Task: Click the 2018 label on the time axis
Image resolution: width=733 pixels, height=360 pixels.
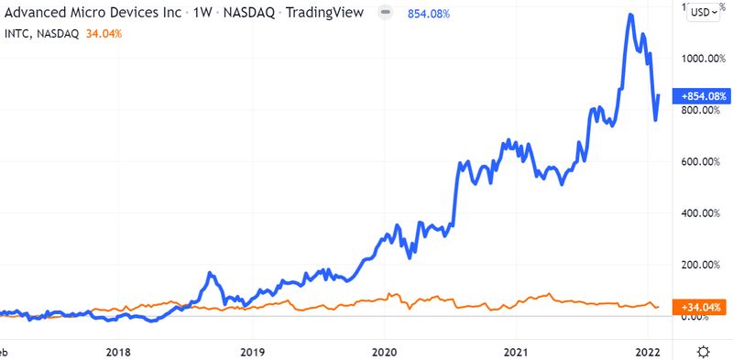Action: click(117, 351)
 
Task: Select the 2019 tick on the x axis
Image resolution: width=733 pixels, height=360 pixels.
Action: click(252, 351)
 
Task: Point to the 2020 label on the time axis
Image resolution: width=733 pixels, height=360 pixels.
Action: click(385, 351)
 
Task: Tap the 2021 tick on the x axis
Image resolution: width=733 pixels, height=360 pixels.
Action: click(517, 351)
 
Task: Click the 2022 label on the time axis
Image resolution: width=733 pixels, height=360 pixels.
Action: click(648, 351)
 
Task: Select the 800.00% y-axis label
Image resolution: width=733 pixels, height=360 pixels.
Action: click(701, 110)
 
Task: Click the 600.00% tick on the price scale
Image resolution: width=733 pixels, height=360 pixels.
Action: click(701, 161)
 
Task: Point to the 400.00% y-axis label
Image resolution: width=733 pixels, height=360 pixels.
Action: click(701, 213)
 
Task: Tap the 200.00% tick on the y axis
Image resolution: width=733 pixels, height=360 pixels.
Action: click(701, 265)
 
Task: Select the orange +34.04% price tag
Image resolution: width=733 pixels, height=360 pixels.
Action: click(701, 306)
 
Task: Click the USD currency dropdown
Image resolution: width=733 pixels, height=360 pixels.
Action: click(703, 12)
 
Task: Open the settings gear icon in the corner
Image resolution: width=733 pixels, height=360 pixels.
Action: click(703, 351)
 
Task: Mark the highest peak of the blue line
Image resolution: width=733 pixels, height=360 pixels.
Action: click(629, 15)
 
